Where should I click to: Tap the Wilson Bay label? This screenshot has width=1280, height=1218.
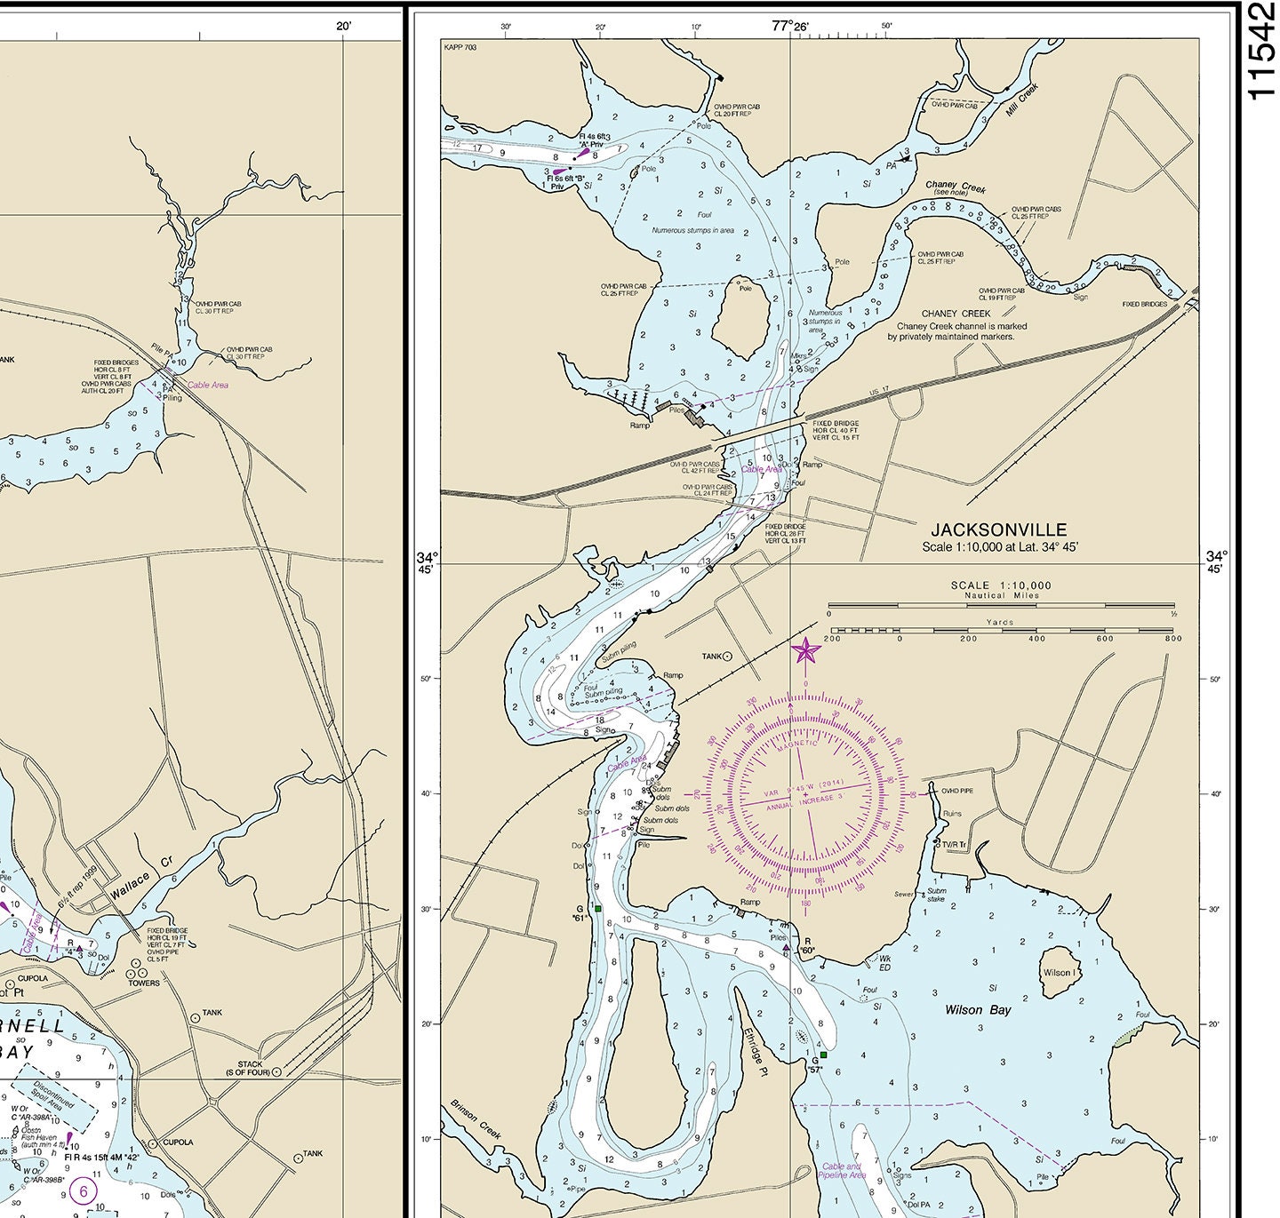(x=978, y=1009)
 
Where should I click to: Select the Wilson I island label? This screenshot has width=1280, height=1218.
(x=1057, y=972)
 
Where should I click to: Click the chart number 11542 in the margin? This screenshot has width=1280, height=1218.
(x=1261, y=52)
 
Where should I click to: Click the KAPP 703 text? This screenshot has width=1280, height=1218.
(x=460, y=46)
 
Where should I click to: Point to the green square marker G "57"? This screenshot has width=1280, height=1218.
(x=823, y=1055)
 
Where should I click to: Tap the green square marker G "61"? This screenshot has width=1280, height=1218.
(x=598, y=909)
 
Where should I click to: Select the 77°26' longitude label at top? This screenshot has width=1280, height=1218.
(x=790, y=26)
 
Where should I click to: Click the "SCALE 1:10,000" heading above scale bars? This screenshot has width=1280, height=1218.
(x=1000, y=585)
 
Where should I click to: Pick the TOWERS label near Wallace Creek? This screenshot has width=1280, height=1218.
(x=144, y=983)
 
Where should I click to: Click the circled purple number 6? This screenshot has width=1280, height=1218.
(x=84, y=1190)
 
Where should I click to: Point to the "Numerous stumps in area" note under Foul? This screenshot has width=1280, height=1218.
(x=692, y=230)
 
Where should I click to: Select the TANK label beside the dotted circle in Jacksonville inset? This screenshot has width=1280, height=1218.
(x=712, y=657)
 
